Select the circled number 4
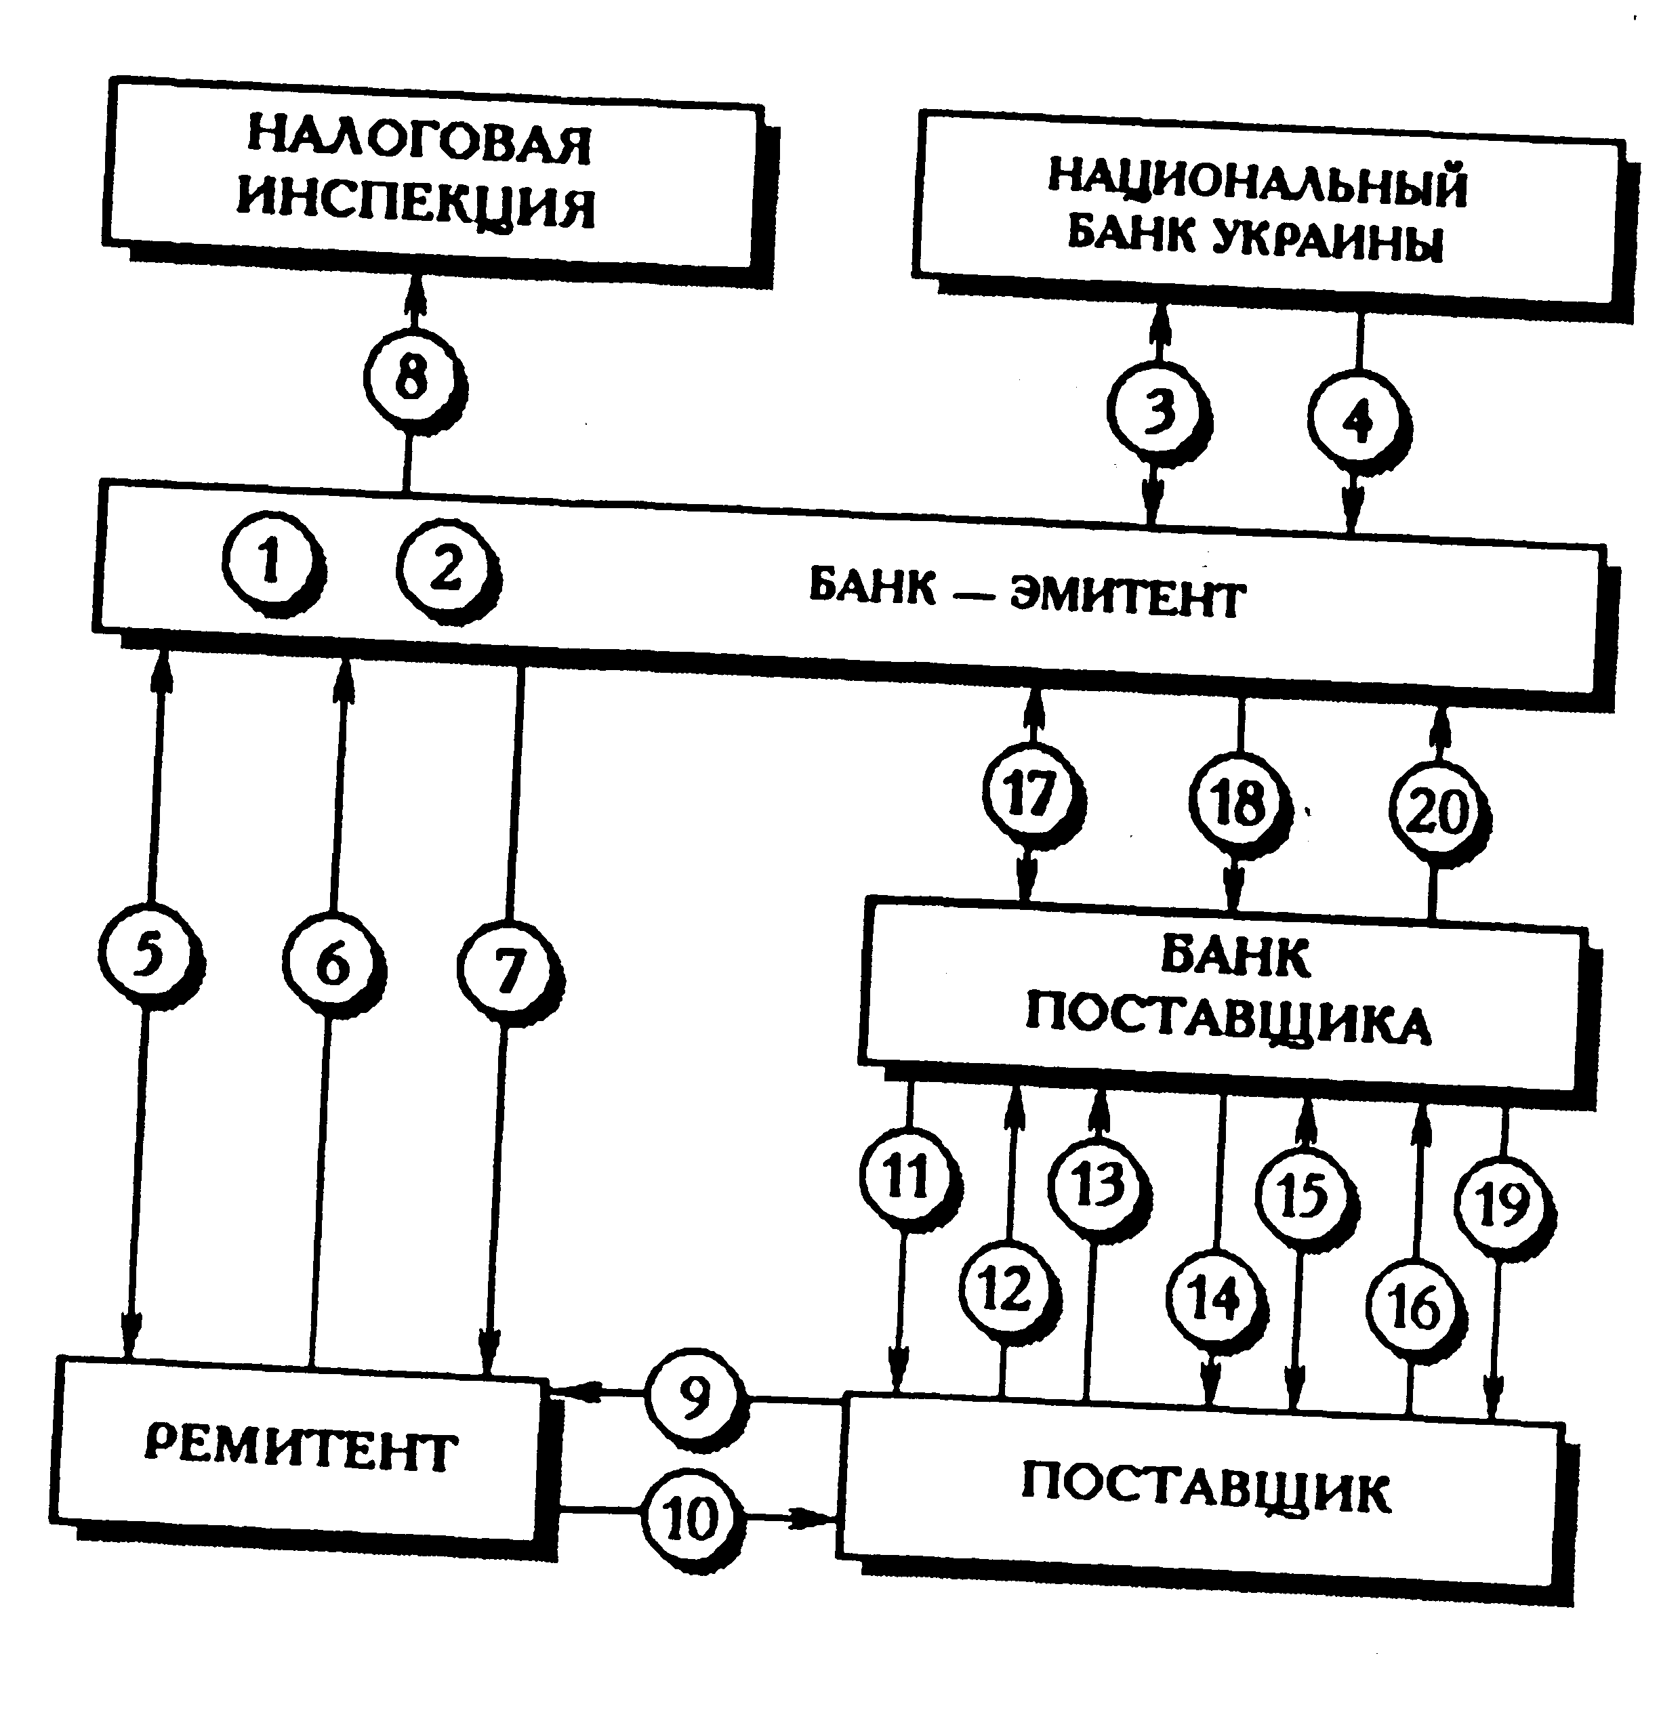coord(1357,420)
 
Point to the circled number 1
coord(270,562)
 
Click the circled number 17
coord(1031,794)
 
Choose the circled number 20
coord(1438,810)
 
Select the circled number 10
coord(690,1518)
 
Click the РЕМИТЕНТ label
coord(300,1451)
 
